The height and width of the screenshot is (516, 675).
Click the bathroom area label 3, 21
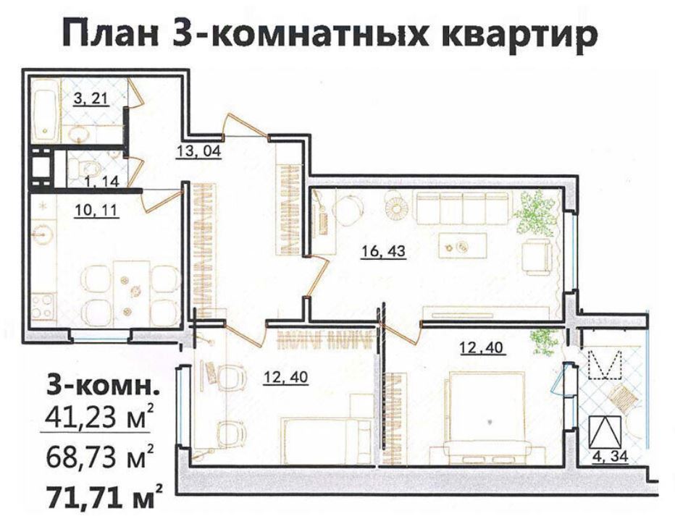[x=91, y=99]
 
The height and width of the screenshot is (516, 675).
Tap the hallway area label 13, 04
[x=199, y=151]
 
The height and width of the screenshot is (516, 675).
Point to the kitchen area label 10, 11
[x=96, y=211]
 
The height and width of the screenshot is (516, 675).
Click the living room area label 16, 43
[x=383, y=250]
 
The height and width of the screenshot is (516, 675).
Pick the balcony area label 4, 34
[x=610, y=457]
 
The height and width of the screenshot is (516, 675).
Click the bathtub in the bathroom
[x=45, y=110]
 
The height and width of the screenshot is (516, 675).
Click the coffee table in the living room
[x=462, y=246]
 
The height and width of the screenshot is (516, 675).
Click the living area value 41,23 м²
[x=98, y=416]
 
